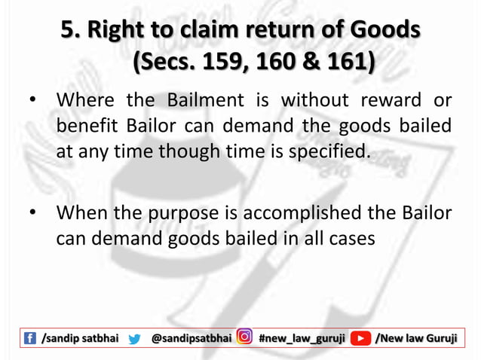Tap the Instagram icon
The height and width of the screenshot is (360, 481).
244,339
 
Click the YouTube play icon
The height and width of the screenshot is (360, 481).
363,339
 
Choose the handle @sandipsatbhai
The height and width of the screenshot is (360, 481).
191,339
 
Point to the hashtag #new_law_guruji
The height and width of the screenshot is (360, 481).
302,339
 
